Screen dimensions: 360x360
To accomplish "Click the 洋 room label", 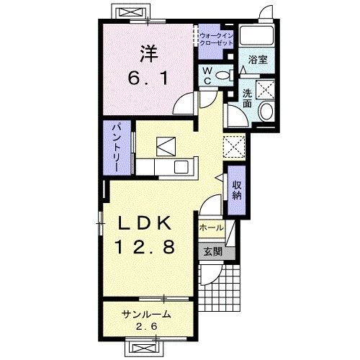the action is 149,54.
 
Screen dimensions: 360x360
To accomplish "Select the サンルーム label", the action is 146,314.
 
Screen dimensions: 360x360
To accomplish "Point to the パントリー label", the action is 117,148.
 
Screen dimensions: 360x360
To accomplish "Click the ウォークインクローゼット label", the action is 216,40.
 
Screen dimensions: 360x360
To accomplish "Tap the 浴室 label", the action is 258,60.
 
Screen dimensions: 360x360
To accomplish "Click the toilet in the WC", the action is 225,75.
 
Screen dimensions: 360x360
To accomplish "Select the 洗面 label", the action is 247,98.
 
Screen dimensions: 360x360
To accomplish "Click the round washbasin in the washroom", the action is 266,111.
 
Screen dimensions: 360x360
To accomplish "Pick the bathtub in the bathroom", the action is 257,35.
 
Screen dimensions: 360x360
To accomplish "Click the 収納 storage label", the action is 237,190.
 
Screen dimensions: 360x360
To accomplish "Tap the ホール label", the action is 212,228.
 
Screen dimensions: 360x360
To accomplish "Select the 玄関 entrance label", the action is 213,252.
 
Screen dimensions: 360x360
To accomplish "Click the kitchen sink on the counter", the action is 181,167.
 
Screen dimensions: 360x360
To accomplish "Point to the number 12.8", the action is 145,247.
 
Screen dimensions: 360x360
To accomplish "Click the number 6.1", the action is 148,78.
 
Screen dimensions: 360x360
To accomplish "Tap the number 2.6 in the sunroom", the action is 147,326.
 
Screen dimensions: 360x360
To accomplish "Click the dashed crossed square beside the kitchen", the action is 234,147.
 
